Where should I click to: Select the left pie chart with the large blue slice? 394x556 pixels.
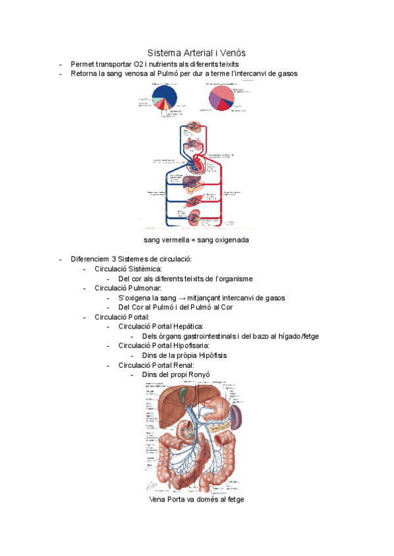(x=164, y=99)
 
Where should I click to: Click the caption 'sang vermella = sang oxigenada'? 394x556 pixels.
(x=196, y=240)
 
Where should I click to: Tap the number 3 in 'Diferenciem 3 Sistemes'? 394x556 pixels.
(x=114, y=259)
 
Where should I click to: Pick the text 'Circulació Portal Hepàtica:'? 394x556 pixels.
(x=161, y=326)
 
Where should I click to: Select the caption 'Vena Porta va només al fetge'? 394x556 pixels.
(x=196, y=499)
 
